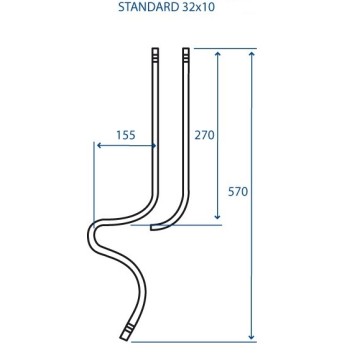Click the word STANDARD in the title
(x=148, y=7)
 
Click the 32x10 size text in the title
(x=198, y=7)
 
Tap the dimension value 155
(x=126, y=135)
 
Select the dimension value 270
(x=204, y=135)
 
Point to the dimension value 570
(x=238, y=192)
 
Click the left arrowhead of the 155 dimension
(x=99, y=146)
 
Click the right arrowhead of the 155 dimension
(x=153, y=146)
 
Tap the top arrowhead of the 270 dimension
(x=218, y=54)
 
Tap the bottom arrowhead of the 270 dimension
(x=218, y=216)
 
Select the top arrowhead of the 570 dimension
(x=252, y=54)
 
